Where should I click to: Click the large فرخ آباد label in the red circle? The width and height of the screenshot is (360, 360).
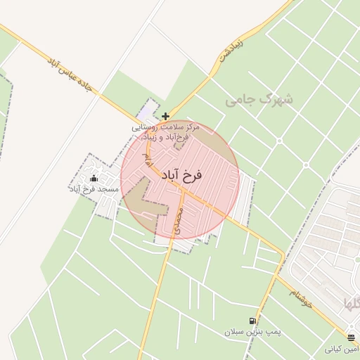tap(181, 175)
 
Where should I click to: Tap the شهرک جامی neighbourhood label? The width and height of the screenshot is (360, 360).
tap(259, 101)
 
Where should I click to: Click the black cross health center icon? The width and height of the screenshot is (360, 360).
tap(165, 116)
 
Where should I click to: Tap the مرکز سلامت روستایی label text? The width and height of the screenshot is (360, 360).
tap(167, 128)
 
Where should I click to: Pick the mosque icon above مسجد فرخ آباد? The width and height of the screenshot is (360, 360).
tap(94, 179)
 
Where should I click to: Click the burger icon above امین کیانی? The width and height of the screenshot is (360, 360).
tap(352, 338)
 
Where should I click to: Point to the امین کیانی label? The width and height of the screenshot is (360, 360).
tap(342, 349)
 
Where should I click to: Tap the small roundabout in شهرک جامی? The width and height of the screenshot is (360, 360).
tap(307, 166)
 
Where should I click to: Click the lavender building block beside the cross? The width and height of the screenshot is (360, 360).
tap(146, 112)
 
